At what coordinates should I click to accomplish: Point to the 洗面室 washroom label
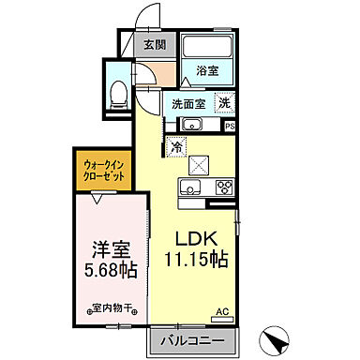coord(187,105)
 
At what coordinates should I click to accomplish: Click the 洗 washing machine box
coord(225,104)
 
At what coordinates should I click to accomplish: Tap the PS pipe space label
coord(229,126)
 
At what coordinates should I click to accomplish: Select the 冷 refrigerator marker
coord(175,145)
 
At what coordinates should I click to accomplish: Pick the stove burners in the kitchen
coord(225,186)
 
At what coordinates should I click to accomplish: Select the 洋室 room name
coord(110,250)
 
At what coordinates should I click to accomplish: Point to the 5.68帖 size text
coord(110,271)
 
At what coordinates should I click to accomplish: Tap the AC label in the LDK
coord(222,311)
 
